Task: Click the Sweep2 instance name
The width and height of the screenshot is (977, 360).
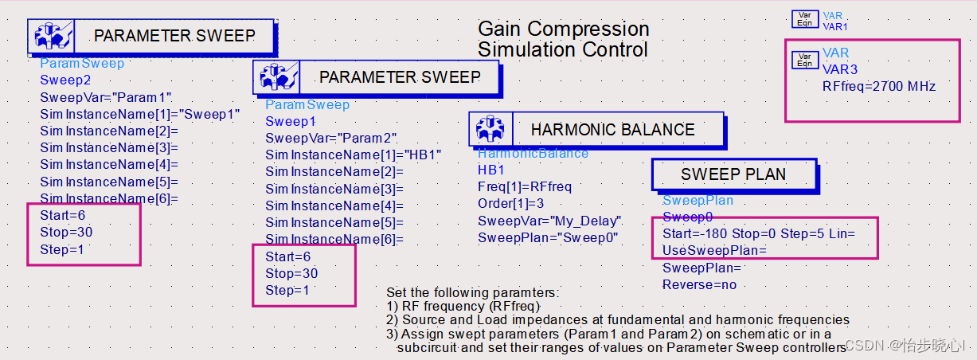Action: click(x=65, y=80)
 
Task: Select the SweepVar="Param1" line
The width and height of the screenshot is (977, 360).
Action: click(x=106, y=97)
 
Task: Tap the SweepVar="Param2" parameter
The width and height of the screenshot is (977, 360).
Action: click(x=331, y=139)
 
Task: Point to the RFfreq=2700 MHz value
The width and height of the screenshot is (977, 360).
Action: click(x=879, y=86)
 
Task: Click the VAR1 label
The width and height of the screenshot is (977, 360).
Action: click(x=834, y=27)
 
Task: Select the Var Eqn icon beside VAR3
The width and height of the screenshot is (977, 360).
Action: click(x=805, y=61)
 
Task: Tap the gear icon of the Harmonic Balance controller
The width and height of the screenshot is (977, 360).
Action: click(x=490, y=129)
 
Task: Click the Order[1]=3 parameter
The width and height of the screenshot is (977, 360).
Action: click(x=510, y=203)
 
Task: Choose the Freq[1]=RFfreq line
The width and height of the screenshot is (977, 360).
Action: click(x=525, y=186)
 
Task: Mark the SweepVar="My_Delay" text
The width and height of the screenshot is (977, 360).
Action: click(x=549, y=221)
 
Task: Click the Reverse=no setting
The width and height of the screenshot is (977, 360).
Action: click(x=700, y=285)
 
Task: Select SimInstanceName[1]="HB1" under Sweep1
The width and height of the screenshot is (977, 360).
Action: click(x=354, y=155)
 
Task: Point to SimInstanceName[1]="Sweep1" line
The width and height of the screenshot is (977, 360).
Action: click(x=140, y=115)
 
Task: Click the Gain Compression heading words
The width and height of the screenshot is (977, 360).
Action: click(x=564, y=29)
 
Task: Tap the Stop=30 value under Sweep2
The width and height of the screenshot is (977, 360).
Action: click(x=66, y=232)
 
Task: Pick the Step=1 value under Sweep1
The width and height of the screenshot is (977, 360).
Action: click(x=287, y=290)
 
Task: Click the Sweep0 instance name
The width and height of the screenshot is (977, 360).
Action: click(x=688, y=217)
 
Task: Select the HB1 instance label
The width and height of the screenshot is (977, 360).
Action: click(x=491, y=170)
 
